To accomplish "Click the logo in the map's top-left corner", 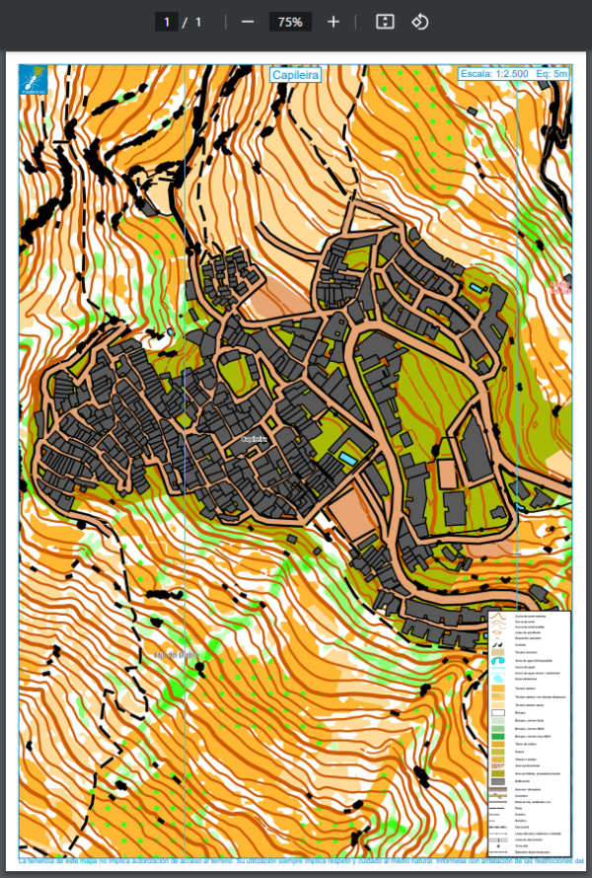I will [x=33, y=79].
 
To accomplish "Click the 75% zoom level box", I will [x=290, y=22].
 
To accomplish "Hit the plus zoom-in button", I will [x=333, y=22].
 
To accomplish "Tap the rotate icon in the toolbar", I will [x=419, y=22].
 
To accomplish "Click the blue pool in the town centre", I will [x=347, y=459].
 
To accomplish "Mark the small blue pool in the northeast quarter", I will [x=478, y=288].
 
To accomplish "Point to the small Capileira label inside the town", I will [x=254, y=439].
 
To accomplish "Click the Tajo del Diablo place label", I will [x=175, y=654].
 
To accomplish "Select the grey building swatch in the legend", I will [x=498, y=780].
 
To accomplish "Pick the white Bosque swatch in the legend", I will [x=498, y=710].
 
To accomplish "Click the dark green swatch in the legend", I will [x=498, y=737].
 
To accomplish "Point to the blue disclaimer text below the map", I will [x=296, y=861].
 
